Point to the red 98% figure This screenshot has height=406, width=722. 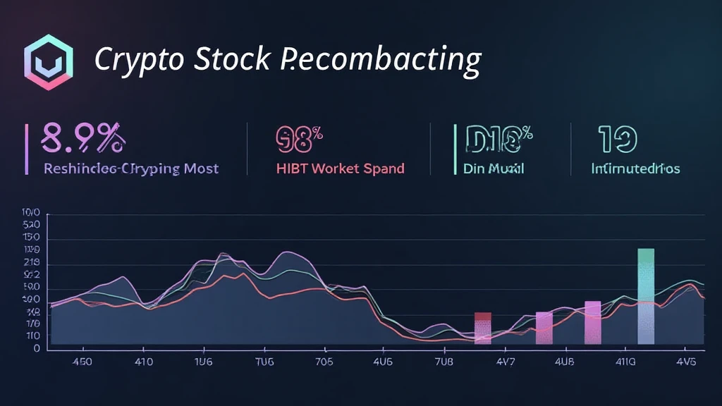298,139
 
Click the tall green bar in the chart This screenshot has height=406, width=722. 646,296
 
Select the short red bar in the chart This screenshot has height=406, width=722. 483,328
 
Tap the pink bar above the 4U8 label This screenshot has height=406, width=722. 544,328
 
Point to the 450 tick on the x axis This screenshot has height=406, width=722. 73,363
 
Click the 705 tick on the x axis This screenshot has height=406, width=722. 324,363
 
